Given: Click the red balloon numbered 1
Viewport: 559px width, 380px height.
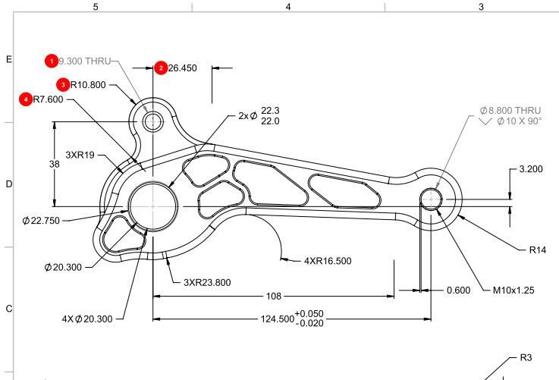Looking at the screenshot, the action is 52,61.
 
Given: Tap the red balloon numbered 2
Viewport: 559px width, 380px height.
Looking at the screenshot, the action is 161,68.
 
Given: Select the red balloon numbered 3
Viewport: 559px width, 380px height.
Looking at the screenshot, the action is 63,85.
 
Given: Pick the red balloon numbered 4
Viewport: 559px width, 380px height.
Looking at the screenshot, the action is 26,99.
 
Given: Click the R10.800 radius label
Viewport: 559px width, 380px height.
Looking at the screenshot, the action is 88,85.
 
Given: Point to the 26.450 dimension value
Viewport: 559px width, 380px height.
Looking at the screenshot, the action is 183,68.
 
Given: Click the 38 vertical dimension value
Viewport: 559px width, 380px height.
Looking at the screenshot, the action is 54,164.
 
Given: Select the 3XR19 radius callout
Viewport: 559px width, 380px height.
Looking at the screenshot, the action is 80,155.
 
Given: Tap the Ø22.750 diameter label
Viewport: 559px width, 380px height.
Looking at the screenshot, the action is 41,221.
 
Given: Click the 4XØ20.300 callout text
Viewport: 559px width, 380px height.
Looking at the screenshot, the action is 87,319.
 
